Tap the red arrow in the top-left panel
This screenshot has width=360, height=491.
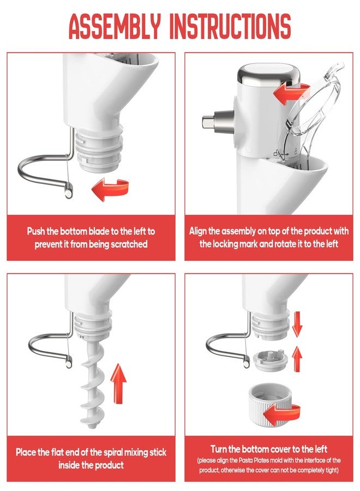110,190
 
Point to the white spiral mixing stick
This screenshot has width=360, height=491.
91,382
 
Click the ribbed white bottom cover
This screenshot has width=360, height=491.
273,406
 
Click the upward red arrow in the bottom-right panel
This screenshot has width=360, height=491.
297,358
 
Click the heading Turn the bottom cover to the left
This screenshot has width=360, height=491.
271,449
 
